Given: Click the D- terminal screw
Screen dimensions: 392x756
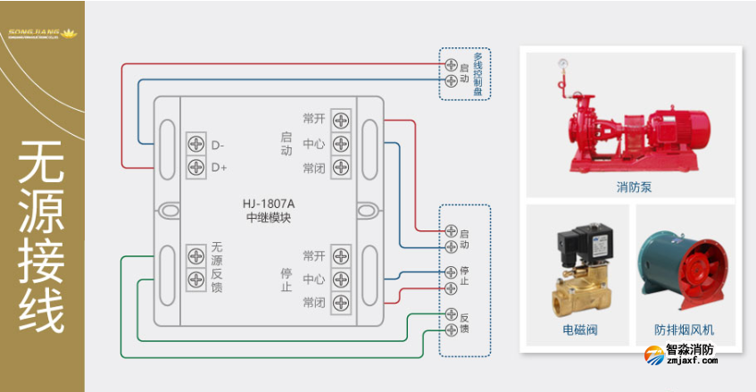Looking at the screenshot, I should (x=195, y=145).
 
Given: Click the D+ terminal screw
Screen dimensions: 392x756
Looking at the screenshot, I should (x=195, y=166).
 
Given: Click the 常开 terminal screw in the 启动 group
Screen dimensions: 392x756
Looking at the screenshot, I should (x=340, y=120).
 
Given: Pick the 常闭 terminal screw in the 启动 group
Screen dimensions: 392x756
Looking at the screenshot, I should (x=340, y=167).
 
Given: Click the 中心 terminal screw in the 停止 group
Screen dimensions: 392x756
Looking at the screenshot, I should (x=340, y=279).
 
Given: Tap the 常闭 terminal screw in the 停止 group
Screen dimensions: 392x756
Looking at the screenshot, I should (x=340, y=303).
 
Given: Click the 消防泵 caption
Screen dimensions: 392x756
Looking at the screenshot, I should (x=634, y=188).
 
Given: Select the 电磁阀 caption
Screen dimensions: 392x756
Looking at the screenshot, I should (x=579, y=330).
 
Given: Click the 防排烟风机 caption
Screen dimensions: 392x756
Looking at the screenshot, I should (x=684, y=330).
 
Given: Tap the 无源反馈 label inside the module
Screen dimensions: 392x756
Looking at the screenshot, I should (x=218, y=267).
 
